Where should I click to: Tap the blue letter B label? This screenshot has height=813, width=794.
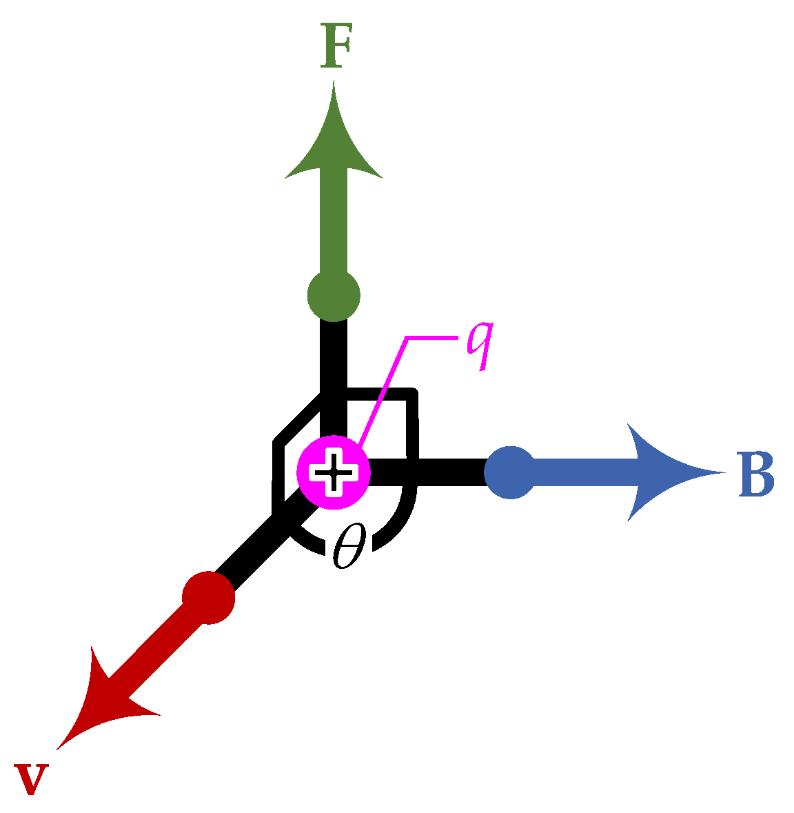coord(755,474)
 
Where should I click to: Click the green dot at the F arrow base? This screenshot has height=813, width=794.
coord(334,296)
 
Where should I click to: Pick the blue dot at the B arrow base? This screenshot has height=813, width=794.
coord(510,472)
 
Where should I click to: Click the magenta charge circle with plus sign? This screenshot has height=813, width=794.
coord(334,472)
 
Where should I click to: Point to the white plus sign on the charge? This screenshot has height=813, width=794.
coord(334,472)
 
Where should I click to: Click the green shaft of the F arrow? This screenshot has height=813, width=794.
coord(334,228)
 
